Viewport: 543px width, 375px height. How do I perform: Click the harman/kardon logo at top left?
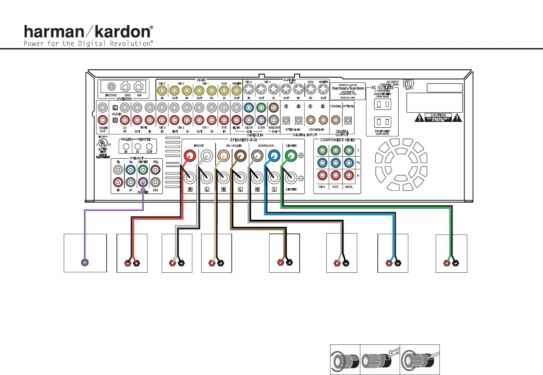tap(88, 32)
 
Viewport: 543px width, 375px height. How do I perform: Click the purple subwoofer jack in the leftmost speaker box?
tap(85, 262)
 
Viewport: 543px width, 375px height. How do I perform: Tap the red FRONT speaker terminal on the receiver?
tap(190, 156)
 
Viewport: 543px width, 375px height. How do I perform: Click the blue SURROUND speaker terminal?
tap(274, 156)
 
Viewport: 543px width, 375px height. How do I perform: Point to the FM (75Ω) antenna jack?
tap(111, 87)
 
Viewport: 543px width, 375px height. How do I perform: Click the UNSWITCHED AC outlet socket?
tap(383, 104)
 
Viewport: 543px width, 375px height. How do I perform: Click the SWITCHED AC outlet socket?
tap(383, 122)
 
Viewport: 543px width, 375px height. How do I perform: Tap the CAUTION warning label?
tap(438, 117)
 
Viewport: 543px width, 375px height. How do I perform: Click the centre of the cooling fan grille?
tap(401, 165)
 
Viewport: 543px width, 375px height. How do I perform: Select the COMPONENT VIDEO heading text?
tap(338, 140)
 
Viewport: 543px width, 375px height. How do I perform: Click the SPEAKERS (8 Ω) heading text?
tap(243, 140)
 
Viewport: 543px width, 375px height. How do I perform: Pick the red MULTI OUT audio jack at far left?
tap(102, 120)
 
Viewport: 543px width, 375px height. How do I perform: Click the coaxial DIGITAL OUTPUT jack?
tap(336, 120)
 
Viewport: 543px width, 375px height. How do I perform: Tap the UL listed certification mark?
tap(103, 143)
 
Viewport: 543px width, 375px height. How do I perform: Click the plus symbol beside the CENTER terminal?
tap(301, 155)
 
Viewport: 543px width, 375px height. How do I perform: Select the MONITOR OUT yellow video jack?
tap(236, 91)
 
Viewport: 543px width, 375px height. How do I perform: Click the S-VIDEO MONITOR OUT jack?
tap(323, 90)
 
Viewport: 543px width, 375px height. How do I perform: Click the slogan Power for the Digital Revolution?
tap(88, 44)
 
